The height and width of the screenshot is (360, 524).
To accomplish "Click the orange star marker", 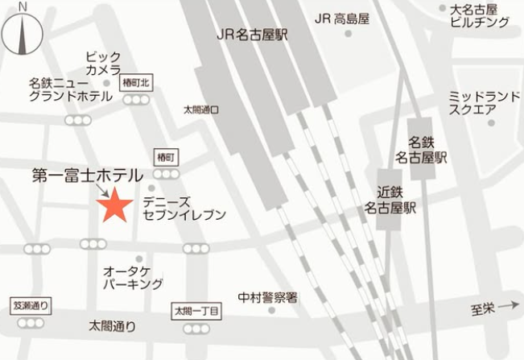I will point(114,206).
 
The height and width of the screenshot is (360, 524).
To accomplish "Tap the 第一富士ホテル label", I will point(87,175).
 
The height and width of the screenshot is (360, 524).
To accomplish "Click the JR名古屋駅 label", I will point(252,35).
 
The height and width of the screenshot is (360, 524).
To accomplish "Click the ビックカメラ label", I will point(103,64).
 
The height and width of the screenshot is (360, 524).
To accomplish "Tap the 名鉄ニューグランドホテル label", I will point(70,89).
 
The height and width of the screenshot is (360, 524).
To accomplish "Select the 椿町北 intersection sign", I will point(135,82).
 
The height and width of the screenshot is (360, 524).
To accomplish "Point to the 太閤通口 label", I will point(200,109).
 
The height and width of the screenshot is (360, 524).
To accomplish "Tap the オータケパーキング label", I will point(133,277).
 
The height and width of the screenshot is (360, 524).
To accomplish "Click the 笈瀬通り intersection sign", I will point(31,306).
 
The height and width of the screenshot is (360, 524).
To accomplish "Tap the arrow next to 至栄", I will point(507,306).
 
